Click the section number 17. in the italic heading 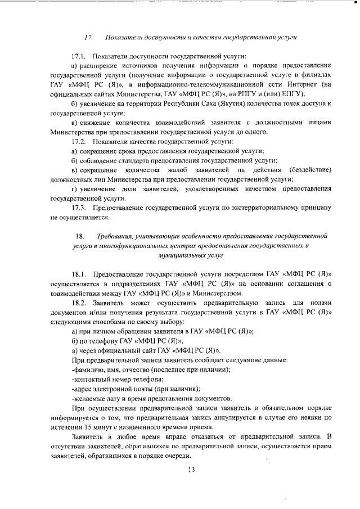88,37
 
